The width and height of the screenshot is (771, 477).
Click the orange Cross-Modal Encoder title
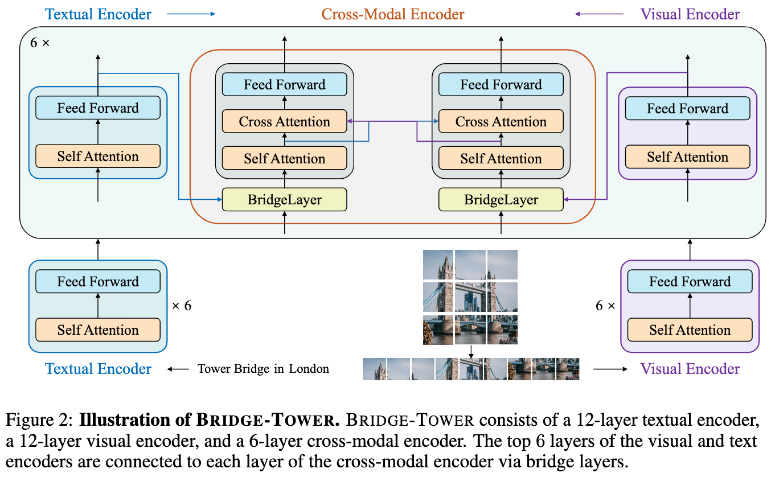click(393, 14)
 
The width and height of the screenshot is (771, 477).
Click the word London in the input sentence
click(309, 368)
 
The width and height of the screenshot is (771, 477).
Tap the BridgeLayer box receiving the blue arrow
click(284, 200)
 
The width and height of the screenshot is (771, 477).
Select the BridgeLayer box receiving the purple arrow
click(501, 200)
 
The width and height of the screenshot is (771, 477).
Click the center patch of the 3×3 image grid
click(470, 297)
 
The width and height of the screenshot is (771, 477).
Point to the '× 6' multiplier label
click(182, 306)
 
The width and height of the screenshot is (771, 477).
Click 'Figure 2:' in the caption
click(39, 421)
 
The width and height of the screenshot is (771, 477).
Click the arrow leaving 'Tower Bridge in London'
click(177, 369)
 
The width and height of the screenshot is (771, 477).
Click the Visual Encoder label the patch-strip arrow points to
click(690, 369)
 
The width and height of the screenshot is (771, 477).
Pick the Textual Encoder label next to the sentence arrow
click(99, 369)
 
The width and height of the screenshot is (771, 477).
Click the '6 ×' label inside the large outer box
click(39, 43)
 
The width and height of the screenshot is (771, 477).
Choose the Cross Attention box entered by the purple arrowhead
click(284, 122)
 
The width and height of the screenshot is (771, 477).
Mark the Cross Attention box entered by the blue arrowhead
click(501, 122)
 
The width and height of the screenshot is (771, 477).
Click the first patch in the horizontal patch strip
click(374, 369)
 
